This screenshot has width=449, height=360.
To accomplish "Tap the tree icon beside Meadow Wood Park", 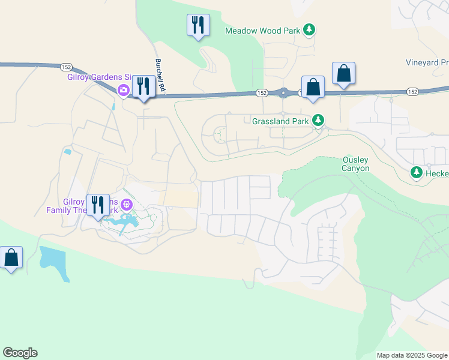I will pos(309,29).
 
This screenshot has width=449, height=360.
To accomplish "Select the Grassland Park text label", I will pos(280,121).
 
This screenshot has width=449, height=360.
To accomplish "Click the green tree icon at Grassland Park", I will pos(319,121).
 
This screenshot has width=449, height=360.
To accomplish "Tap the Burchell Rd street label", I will pos(159,75).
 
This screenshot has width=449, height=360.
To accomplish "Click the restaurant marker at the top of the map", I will pos(198,25).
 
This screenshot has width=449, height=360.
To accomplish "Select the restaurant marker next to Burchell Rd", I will pos(143,87).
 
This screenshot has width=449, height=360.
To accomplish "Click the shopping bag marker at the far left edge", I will pos(11,258).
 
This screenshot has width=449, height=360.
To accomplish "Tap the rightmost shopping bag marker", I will pos(343,74).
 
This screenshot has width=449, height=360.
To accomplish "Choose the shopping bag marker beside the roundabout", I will pos(313,88).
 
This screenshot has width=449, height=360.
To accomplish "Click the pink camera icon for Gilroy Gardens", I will pos(124,90).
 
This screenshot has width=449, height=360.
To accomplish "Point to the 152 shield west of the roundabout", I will pos(261,93).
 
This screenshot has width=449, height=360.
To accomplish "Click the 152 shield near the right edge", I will pos(412,92).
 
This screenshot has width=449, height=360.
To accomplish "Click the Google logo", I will pos(20,353).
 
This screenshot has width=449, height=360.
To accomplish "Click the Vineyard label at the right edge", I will pos(427,62).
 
